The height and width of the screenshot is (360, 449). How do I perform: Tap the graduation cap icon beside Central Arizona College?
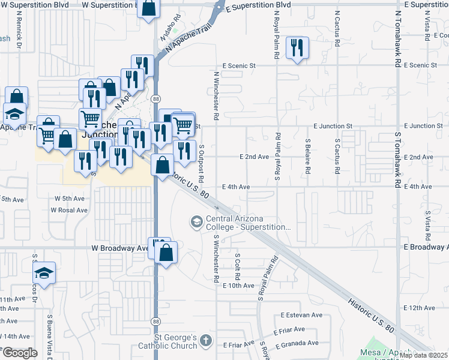pos(196,222)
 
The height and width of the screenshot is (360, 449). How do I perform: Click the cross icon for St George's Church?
pos(206,341)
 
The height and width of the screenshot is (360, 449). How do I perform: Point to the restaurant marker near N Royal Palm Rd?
pos(296,47)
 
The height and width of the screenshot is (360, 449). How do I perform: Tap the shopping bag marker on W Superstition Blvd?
pos(148,8)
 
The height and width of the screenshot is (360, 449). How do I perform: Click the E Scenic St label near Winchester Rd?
pos(239,65)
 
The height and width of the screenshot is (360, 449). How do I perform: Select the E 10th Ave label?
pos(239,286)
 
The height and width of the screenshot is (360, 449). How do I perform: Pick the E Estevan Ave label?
pos(302,315)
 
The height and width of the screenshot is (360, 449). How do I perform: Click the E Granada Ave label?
pos(297,343)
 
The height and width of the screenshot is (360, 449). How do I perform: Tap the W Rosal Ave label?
pos(69,210)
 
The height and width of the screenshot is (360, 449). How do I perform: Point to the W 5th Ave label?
pos(69,198)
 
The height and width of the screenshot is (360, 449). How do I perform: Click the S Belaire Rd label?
pos(307,156)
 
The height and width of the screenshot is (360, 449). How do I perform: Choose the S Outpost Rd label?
pos(202,163)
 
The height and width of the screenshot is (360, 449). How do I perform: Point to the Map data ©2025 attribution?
pos(424,355)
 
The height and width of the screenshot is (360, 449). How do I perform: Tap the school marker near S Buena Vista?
pos(44,273)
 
